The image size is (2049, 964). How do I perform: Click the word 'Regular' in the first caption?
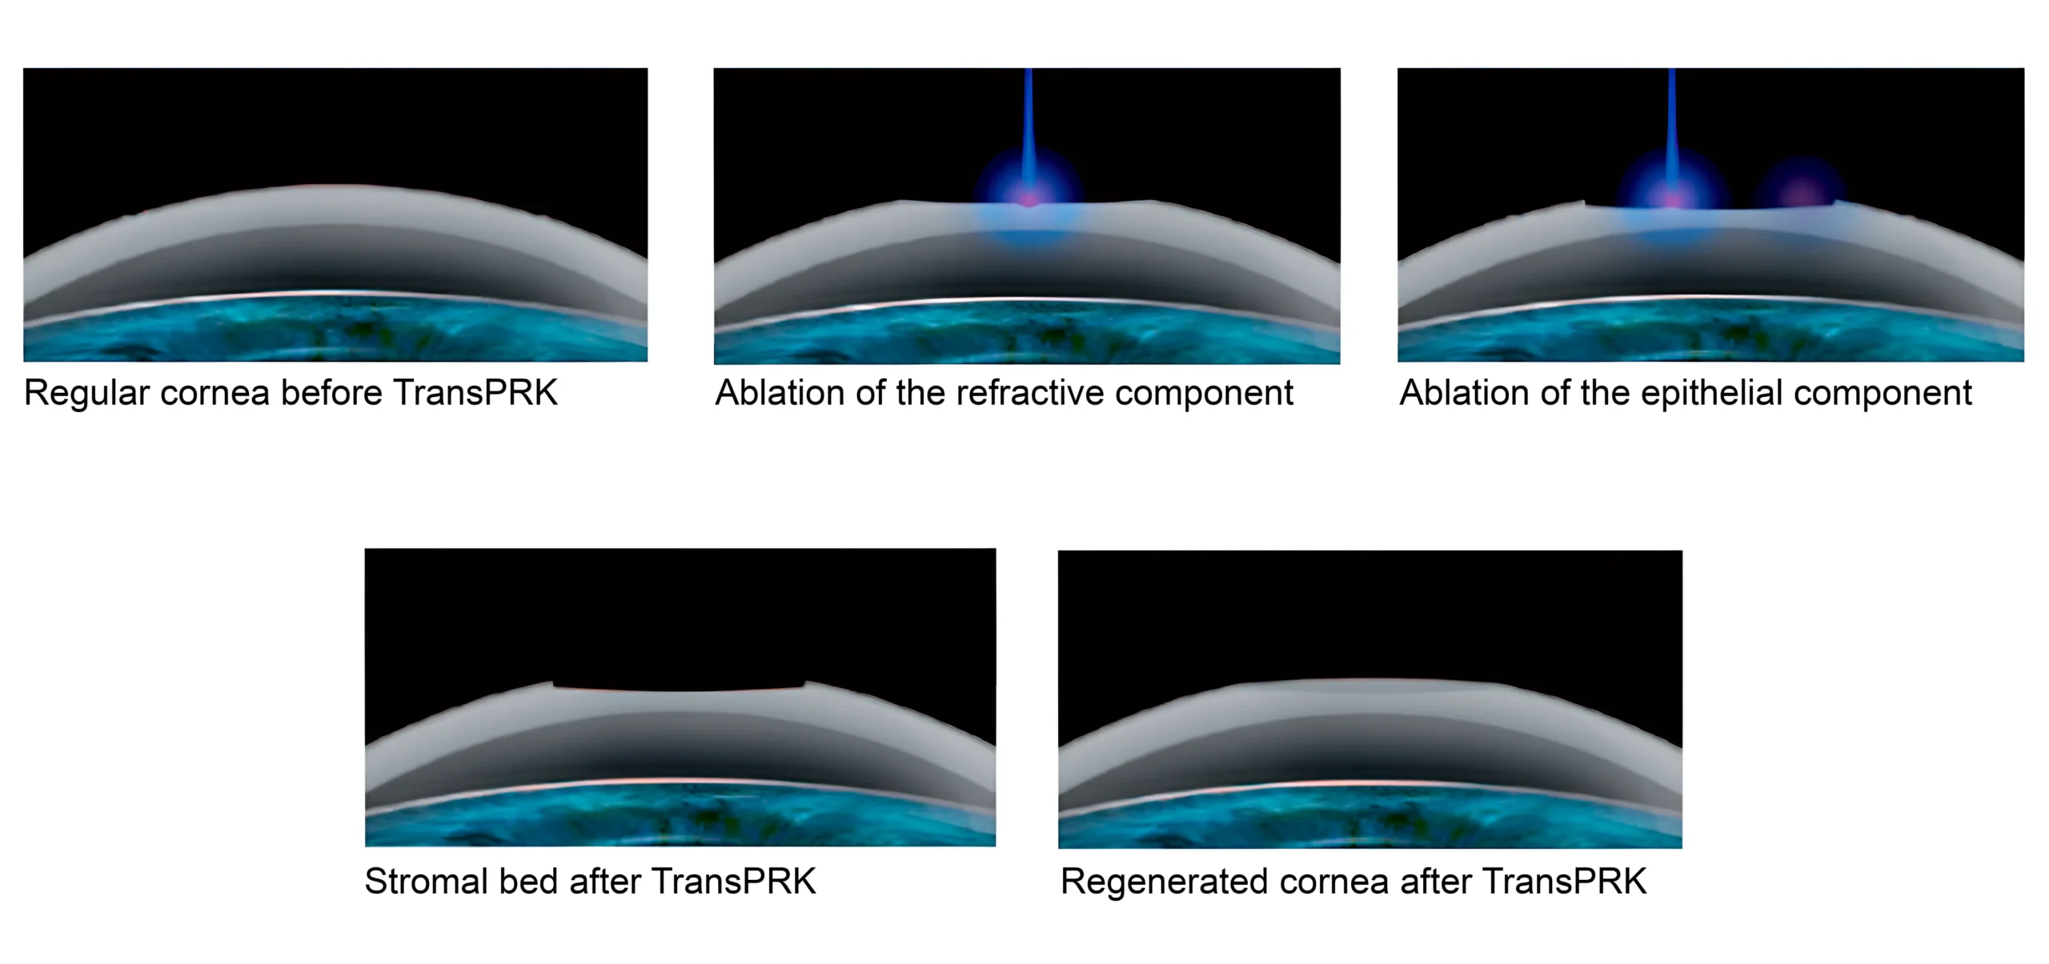[86, 394]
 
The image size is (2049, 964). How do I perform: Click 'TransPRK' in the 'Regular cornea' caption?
[475, 393]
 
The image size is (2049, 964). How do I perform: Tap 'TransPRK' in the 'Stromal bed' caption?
[734, 881]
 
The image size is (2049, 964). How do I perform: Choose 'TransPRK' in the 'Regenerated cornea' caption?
[1565, 881]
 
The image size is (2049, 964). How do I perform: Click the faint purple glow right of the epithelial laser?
[1801, 193]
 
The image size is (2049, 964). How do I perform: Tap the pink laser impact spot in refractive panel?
[1029, 198]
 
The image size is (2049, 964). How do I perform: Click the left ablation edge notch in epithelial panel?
[1584, 203]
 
